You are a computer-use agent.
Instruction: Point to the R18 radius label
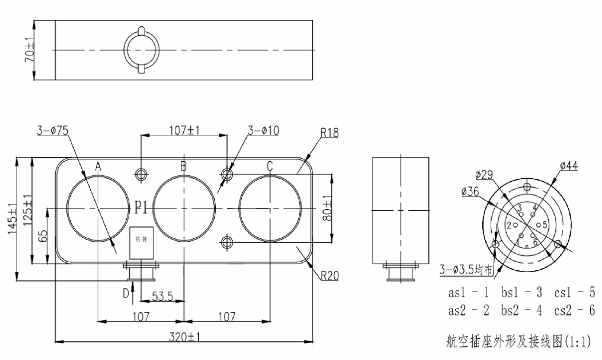(330, 133)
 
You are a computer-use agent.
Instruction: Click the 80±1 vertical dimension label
(326, 209)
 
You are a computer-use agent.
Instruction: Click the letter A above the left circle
(98, 166)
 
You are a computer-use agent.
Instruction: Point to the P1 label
(143, 209)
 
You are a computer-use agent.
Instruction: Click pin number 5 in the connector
(545, 225)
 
